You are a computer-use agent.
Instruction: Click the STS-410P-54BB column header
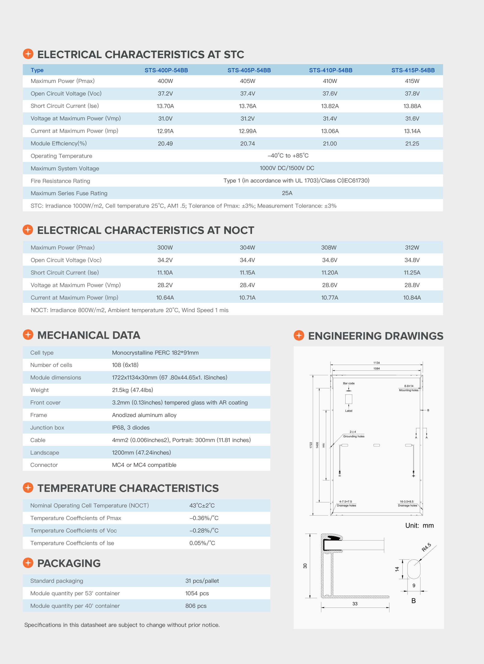click(331, 70)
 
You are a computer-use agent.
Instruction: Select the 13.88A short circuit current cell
click(412, 106)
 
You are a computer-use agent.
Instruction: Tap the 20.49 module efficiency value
click(165, 144)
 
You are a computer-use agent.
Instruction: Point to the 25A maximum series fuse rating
click(287, 193)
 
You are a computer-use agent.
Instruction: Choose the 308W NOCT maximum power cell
click(329, 248)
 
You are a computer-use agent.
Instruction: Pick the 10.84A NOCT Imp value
click(412, 298)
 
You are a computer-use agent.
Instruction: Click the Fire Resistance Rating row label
click(60, 181)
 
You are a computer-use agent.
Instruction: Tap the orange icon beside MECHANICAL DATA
click(28, 335)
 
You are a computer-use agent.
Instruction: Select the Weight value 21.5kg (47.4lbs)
click(132, 390)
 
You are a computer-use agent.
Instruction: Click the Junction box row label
click(47, 428)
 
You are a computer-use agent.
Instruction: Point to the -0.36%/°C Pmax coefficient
click(204, 518)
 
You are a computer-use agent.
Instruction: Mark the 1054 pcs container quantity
click(197, 594)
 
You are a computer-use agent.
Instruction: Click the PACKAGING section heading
click(69, 563)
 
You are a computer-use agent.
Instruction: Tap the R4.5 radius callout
click(426, 547)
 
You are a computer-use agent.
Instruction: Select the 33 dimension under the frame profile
click(355, 604)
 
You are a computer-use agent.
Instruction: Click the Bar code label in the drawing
click(349, 383)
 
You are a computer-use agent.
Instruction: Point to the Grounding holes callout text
click(354, 437)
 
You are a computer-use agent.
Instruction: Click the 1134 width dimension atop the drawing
click(376, 363)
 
